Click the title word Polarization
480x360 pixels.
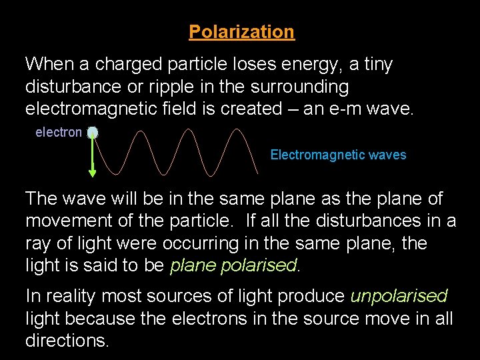(241, 32)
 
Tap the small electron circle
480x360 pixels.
(93, 133)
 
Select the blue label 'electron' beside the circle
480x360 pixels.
(59, 133)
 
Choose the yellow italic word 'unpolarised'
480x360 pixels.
(399, 296)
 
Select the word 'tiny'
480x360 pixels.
(378, 65)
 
